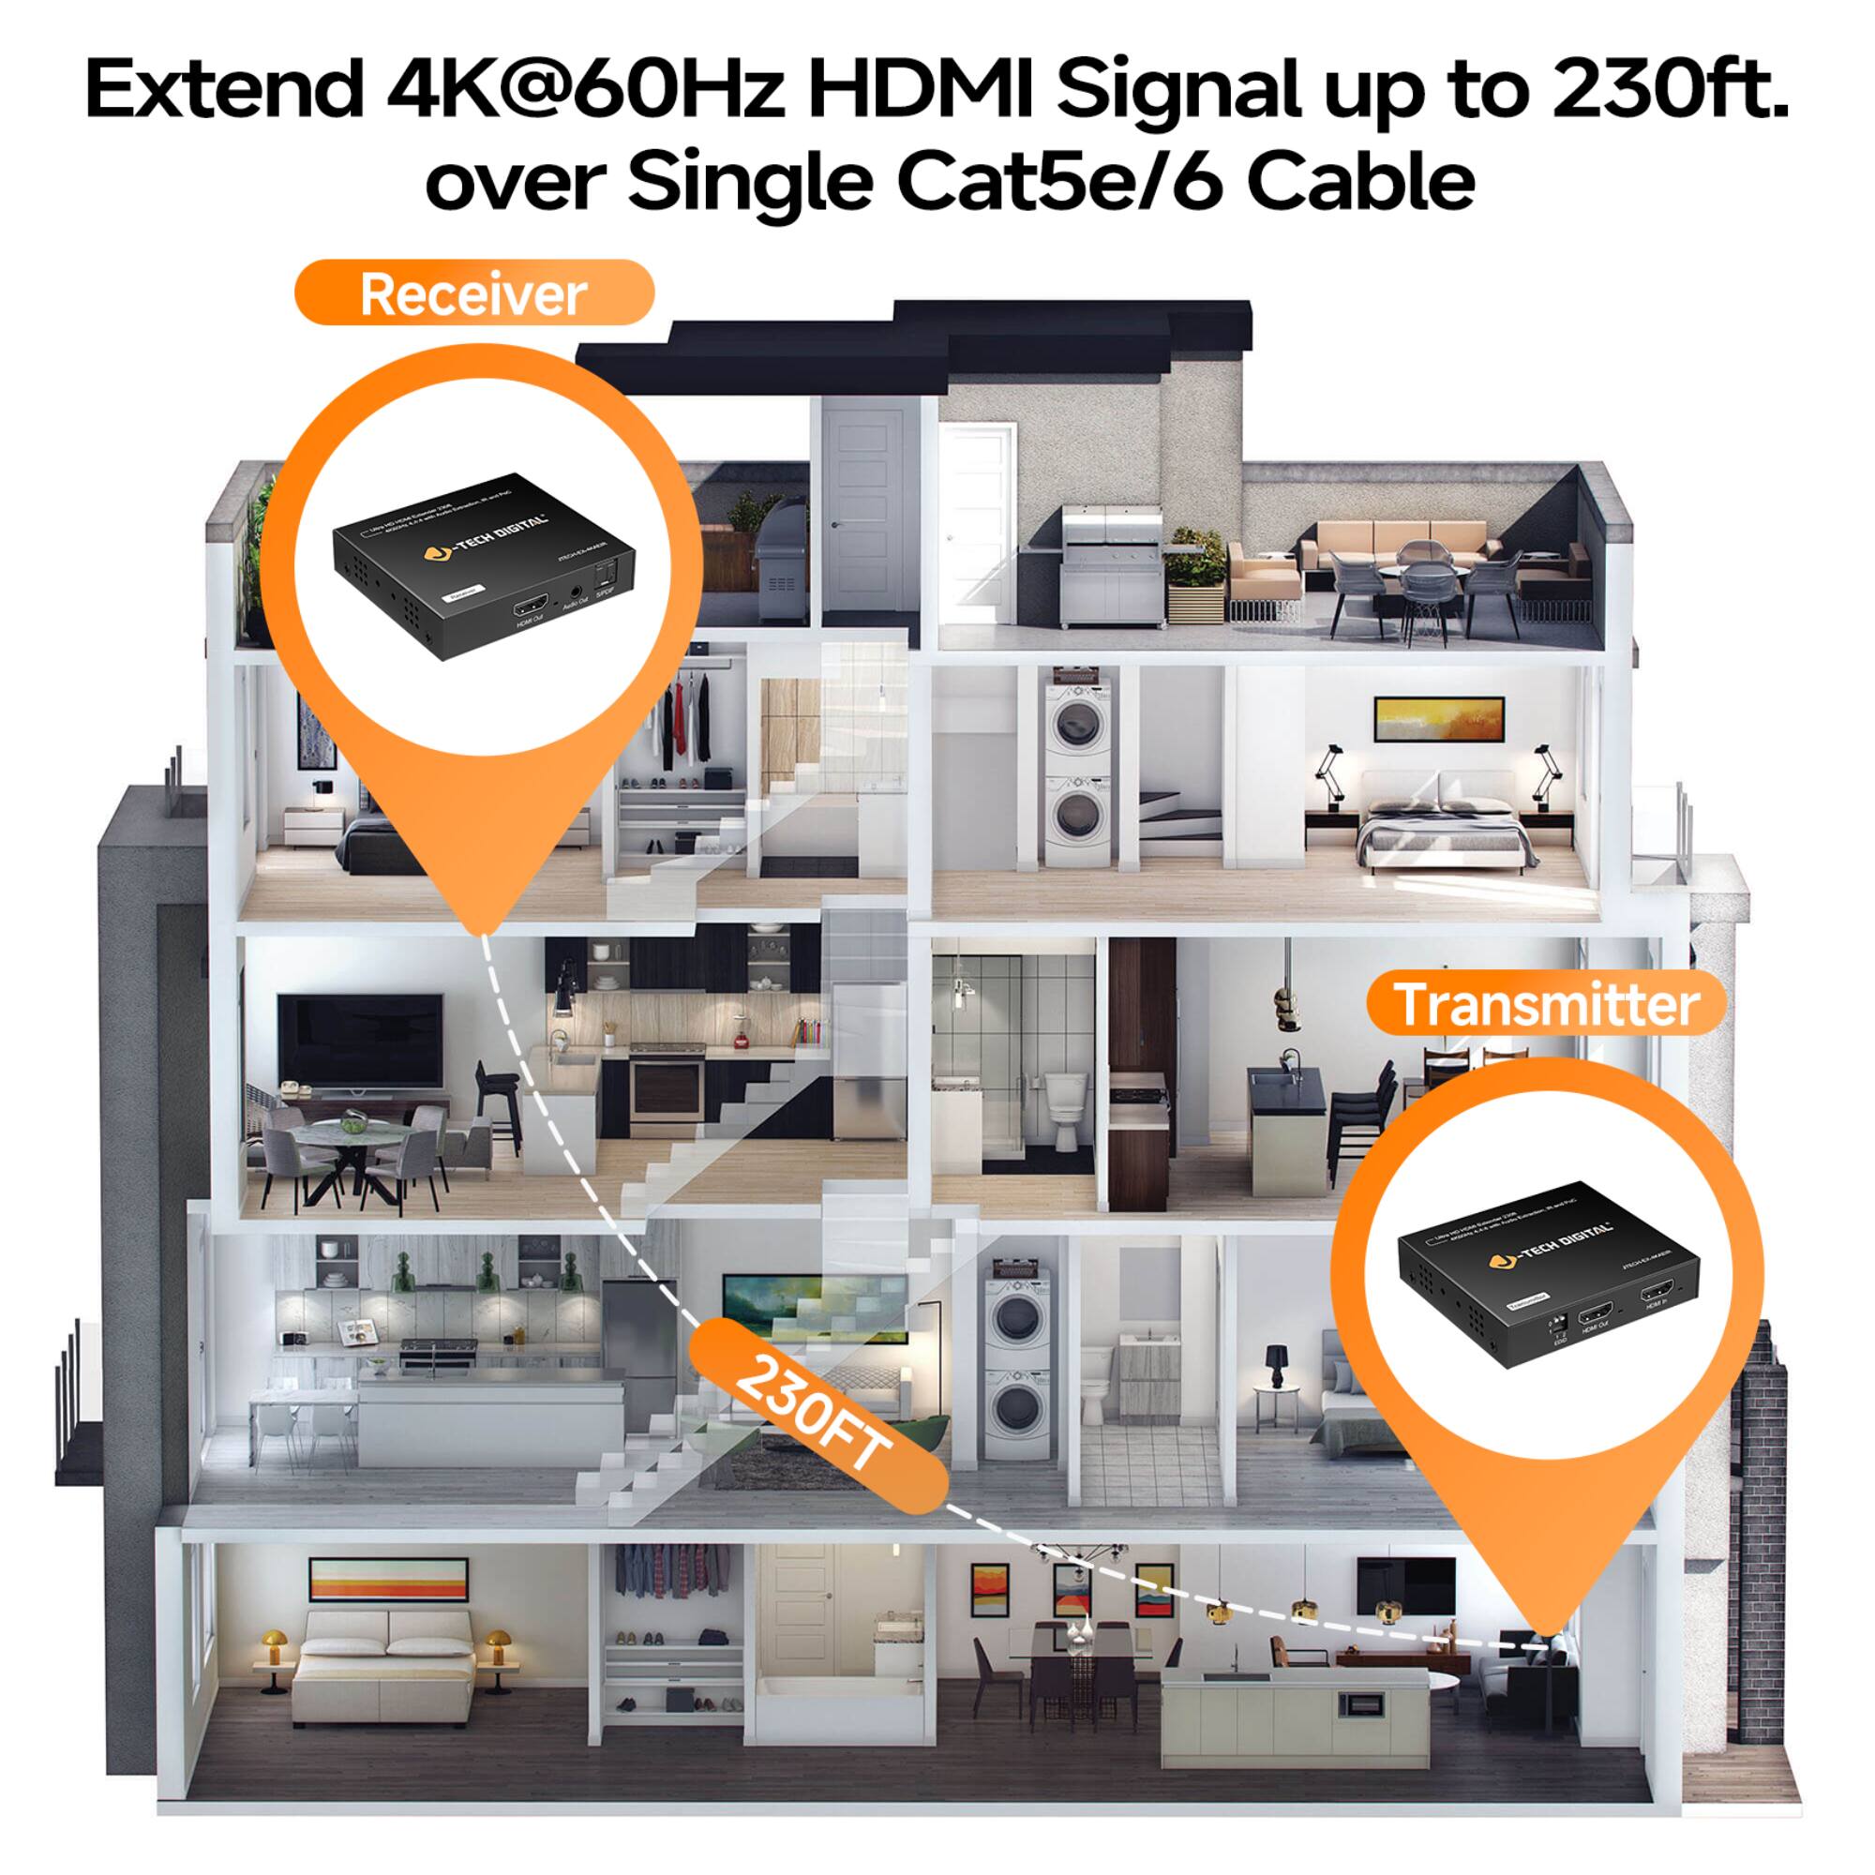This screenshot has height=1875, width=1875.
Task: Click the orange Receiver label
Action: pos(472,292)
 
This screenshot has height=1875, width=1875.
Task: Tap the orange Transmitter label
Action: pos(1547,1004)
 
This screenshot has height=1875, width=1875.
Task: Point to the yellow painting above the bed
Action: pos(1439,718)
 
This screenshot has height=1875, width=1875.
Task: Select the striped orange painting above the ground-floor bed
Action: pos(388,1580)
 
